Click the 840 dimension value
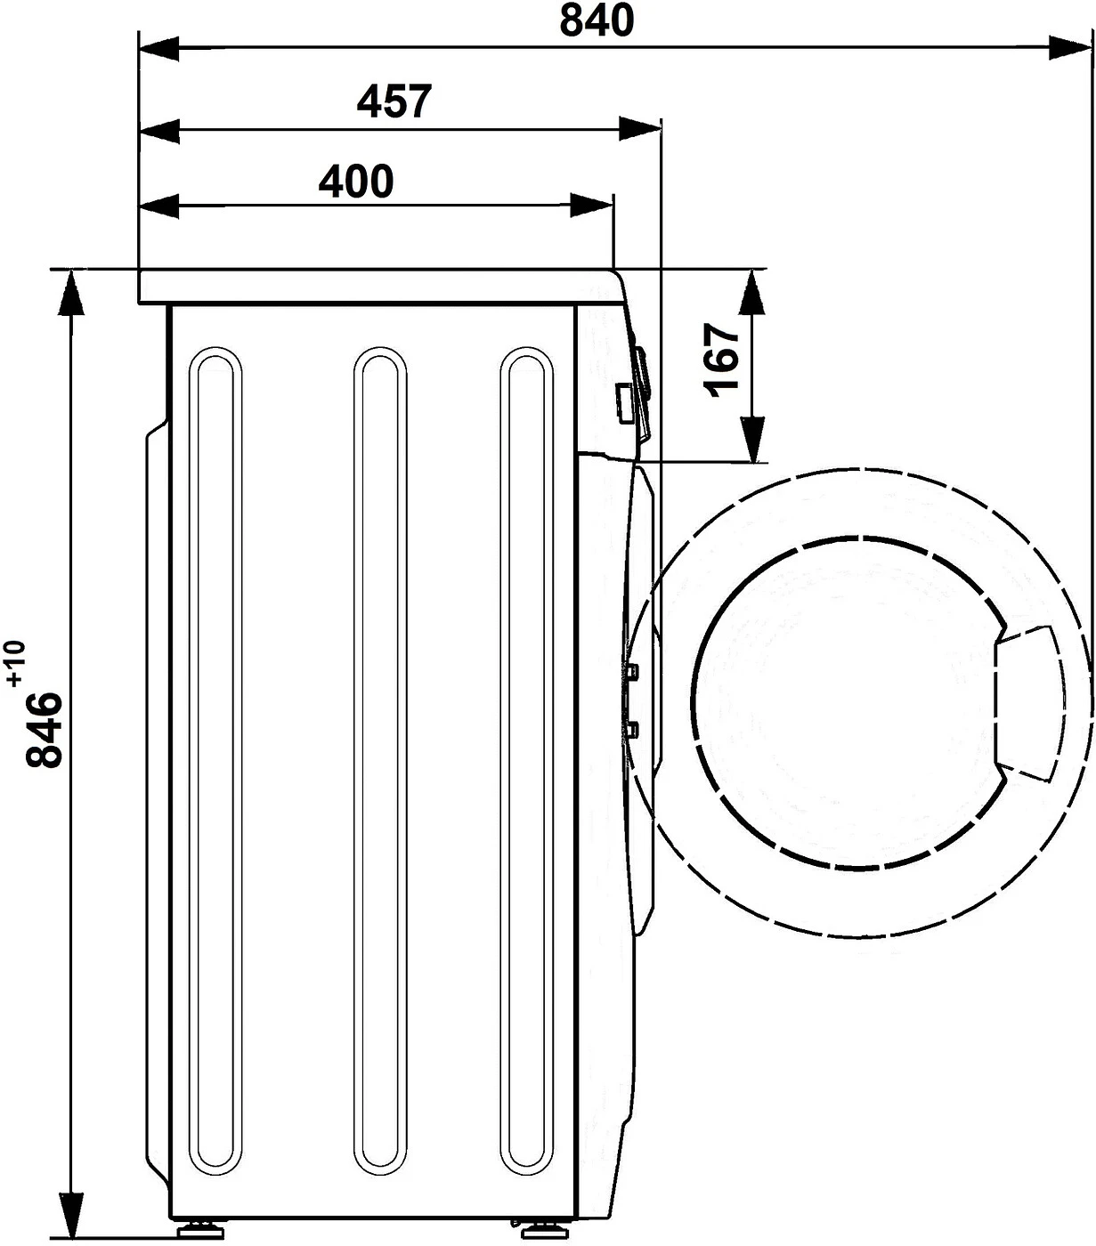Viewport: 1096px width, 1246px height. click(x=597, y=20)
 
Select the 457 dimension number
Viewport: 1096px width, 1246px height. click(x=394, y=101)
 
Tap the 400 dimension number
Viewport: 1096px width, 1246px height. click(x=356, y=182)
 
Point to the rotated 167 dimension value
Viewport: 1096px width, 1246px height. click(x=721, y=360)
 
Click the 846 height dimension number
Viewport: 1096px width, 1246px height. click(x=45, y=730)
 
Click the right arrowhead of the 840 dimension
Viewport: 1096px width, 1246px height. click(x=1072, y=47)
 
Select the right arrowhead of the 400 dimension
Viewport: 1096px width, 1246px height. click(x=592, y=206)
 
